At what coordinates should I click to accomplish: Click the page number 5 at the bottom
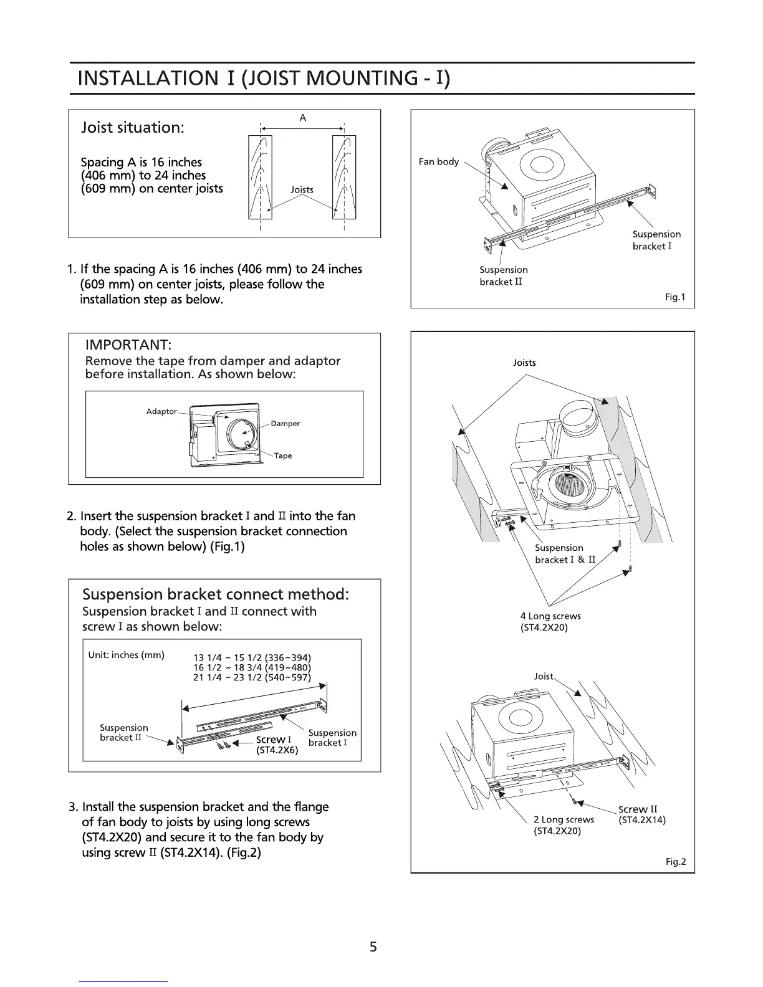[373, 948]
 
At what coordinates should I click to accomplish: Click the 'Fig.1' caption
[674, 297]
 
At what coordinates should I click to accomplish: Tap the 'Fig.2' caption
[675, 862]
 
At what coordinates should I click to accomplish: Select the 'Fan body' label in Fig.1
[438, 161]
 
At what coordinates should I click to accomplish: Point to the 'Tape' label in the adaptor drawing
[283, 455]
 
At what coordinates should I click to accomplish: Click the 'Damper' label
[285, 424]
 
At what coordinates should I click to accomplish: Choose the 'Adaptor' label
[161, 411]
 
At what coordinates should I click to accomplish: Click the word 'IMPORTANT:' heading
[128, 345]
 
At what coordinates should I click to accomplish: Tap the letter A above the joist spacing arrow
[303, 118]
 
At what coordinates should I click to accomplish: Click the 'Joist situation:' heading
[133, 128]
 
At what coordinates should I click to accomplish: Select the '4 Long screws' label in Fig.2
[550, 616]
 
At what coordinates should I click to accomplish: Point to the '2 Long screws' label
[564, 819]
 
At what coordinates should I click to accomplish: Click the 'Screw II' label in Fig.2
[637, 809]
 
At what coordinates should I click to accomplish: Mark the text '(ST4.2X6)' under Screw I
[277, 751]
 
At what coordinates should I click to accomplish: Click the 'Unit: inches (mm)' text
[127, 655]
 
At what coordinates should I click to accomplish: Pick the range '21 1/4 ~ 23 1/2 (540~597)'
[252, 677]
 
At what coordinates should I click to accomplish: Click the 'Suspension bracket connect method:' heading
[216, 594]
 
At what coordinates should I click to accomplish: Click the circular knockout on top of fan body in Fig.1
[540, 164]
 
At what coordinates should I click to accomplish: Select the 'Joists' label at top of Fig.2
[524, 363]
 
